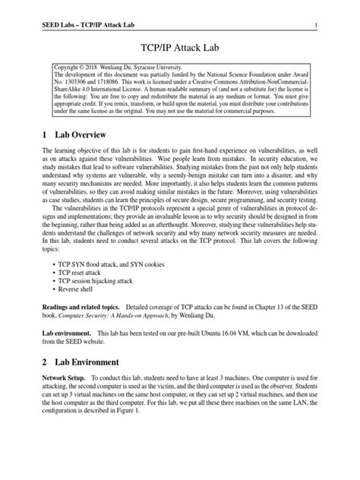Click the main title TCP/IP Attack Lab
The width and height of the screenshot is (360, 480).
coord(179,46)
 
